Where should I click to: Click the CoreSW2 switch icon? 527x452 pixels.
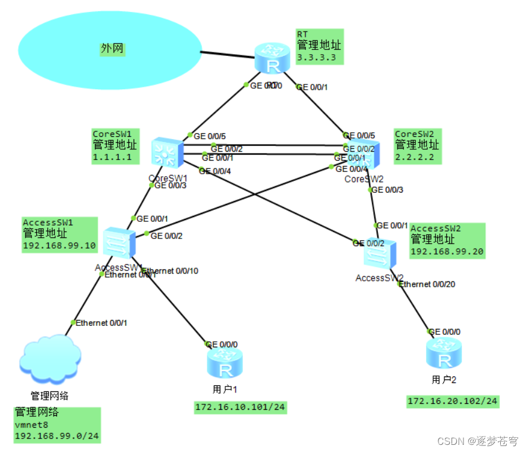(x=362, y=156)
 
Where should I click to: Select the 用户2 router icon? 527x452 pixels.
(x=444, y=353)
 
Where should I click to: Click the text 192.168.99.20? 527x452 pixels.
(x=447, y=252)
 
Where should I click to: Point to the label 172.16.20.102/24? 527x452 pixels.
(x=452, y=401)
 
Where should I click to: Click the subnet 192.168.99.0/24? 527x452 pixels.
(x=56, y=436)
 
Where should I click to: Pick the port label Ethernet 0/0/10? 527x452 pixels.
(x=172, y=271)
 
